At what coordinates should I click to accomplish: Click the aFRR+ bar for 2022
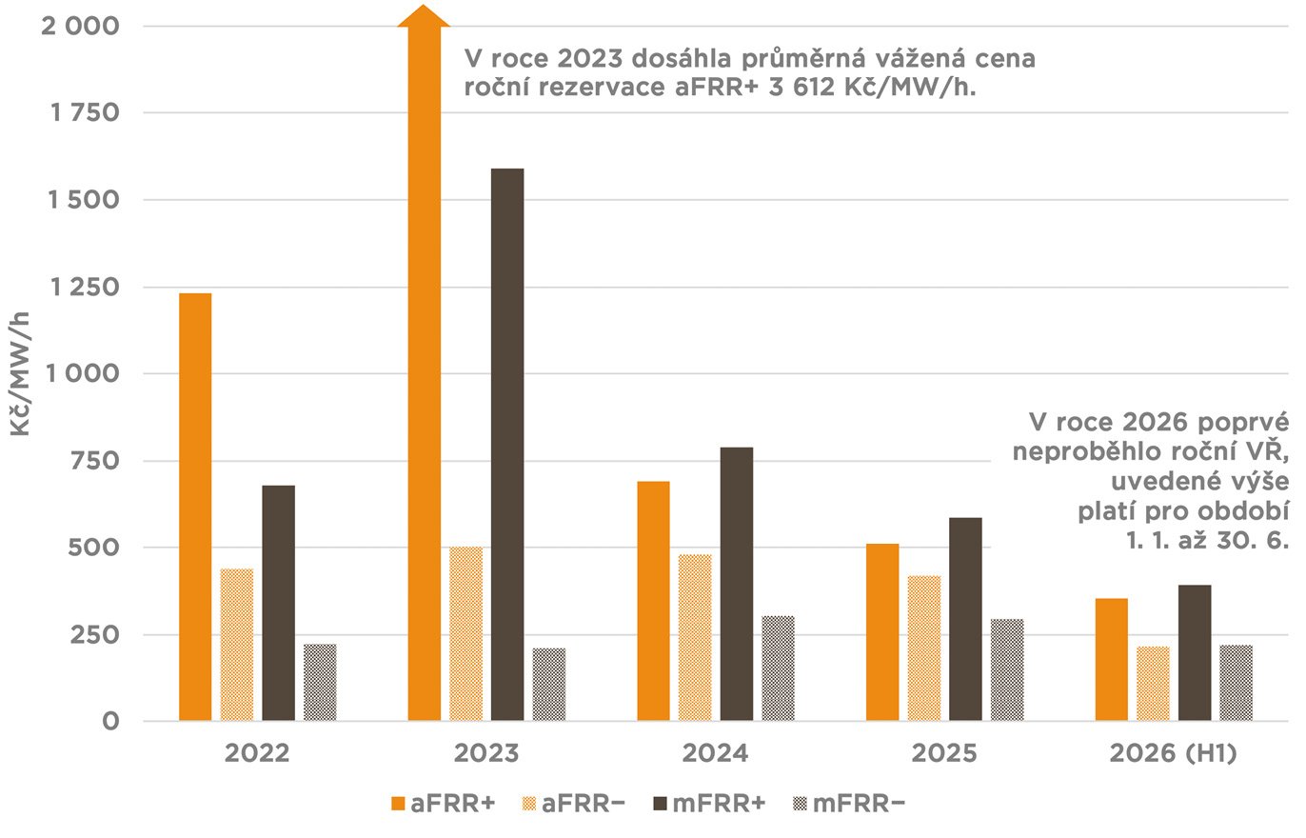pyautogui.click(x=195, y=507)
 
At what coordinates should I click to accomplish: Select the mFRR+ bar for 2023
pyautogui.click(x=507, y=445)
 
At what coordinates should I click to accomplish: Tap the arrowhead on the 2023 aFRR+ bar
pyautogui.click(x=424, y=16)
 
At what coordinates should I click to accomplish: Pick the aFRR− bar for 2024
pyautogui.click(x=695, y=637)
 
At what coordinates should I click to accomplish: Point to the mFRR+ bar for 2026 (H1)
pyautogui.click(x=1195, y=652)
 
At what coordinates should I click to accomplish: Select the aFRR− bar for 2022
pyautogui.click(x=237, y=645)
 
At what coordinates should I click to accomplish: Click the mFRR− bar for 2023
pyautogui.click(x=549, y=684)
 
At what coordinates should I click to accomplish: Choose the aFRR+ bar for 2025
pyautogui.click(x=882, y=632)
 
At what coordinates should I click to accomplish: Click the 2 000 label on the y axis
pyautogui.click(x=80, y=26)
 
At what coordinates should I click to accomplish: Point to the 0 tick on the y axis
pyautogui.click(x=111, y=721)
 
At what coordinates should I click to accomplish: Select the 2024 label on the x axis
pyautogui.click(x=716, y=754)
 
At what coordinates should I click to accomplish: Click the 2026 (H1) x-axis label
pyautogui.click(x=1173, y=754)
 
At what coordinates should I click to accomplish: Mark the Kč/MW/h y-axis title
pyautogui.click(x=21, y=374)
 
